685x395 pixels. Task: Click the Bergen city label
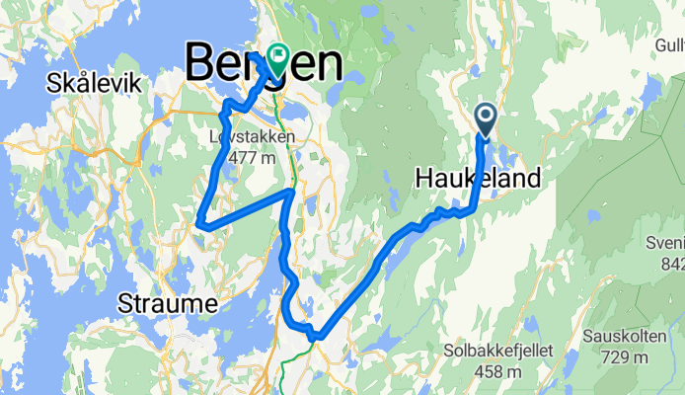pos(265,64)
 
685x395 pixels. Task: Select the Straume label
pos(167,302)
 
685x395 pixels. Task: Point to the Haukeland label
pos(477,180)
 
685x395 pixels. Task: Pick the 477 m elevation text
pos(251,157)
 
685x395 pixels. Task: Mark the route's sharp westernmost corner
pos(200,223)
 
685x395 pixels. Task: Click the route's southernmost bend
pos(314,338)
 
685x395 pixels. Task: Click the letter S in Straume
pos(125,302)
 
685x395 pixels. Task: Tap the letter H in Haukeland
pos(421,180)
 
